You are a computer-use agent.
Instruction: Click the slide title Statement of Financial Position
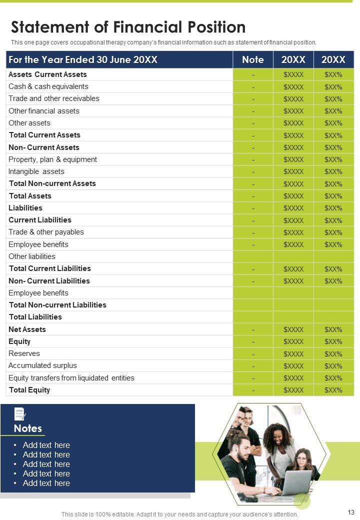(x=128, y=27)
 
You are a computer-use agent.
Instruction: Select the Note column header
(x=253, y=60)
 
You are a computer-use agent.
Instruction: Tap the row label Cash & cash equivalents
(x=48, y=86)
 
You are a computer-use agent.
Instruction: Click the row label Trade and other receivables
(x=54, y=98)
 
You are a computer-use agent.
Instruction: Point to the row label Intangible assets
(x=36, y=171)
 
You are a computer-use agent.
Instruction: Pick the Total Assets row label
(x=30, y=196)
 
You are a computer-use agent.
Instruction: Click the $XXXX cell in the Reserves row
(x=293, y=354)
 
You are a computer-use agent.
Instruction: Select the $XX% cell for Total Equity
(x=333, y=390)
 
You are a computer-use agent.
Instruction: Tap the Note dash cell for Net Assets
(x=253, y=330)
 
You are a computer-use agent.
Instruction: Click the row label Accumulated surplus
(x=42, y=366)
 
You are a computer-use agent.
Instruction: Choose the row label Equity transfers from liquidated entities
(x=71, y=378)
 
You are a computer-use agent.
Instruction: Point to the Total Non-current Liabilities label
(x=57, y=305)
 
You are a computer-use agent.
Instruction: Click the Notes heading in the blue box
(x=28, y=428)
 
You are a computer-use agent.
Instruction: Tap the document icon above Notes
(x=20, y=414)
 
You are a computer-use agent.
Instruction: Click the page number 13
(x=350, y=512)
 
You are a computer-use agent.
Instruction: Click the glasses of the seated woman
(x=301, y=458)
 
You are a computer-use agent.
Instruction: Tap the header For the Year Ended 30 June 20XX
(x=83, y=60)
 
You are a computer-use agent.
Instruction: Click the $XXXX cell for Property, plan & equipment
(x=293, y=160)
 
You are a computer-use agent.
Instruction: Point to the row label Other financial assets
(x=44, y=111)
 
